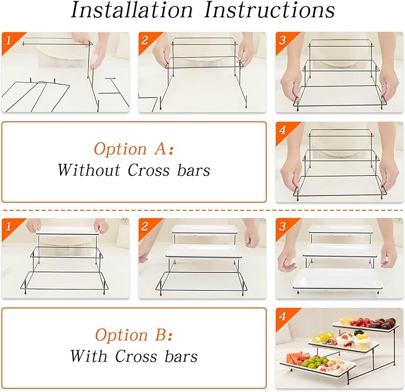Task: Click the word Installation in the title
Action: (131, 10)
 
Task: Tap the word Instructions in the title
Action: (270, 10)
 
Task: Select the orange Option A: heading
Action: (134, 149)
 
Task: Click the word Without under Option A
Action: (89, 170)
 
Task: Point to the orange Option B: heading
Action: (134, 335)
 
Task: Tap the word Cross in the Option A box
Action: (149, 170)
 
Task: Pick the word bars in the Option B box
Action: (181, 356)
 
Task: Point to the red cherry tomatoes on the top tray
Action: (360, 322)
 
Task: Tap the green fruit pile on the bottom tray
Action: (313, 362)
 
